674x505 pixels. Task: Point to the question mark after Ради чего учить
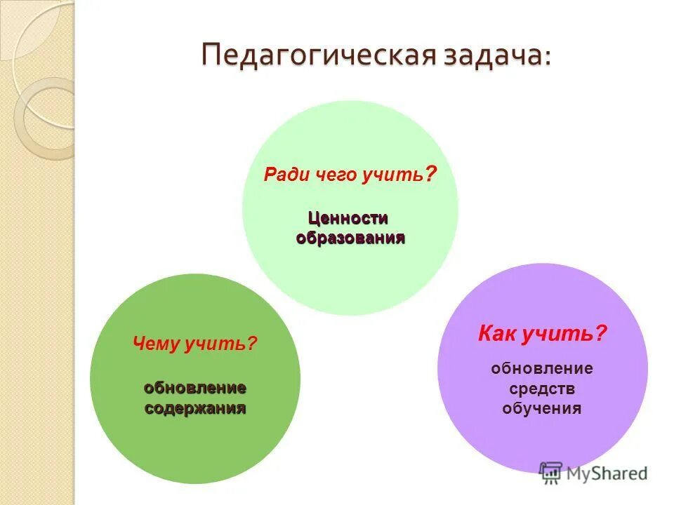(431, 173)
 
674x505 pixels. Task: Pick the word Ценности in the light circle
(349, 219)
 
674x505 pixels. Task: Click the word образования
(350, 238)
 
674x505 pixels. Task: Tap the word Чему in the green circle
(156, 344)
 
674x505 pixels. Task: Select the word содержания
(195, 408)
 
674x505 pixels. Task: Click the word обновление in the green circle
(195, 388)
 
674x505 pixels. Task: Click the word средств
(541, 389)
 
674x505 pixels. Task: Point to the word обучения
(541, 408)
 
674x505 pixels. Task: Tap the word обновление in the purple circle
(541, 368)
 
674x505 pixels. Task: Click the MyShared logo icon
(551, 473)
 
